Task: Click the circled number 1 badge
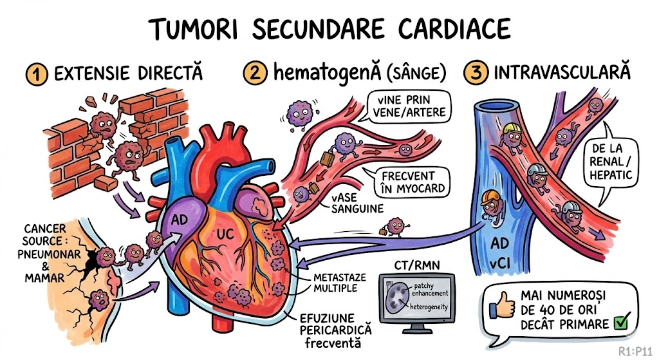[x=37, y=73]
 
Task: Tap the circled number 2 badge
[x=255, y=73]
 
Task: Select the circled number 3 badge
[x=476, y=73]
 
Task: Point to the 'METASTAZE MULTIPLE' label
[x=339, y=282]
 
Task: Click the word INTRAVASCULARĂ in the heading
[x=562, y=73]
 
